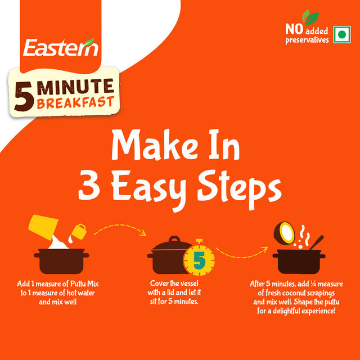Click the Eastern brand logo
[x=61, y=47]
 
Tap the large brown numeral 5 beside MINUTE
[x=24, y=96]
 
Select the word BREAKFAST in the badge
[x=75, y=102]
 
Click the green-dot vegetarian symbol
[x=342, y=34]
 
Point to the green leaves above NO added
[x=310, y=17]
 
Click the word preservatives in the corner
[x=307, y=40]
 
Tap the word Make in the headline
[x=154, y=145]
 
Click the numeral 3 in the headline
[x=89, y=186]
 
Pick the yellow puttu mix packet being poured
[x=43, y=227]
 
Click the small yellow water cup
[x=79, y=231]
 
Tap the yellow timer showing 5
[x=199, y=259]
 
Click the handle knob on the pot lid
[x=174, y=239]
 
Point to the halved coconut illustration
[x=284, y=233]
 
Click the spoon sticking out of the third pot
[x=316, y=242]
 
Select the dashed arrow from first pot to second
[x=120, y=226]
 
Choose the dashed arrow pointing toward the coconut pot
[x=241, y=256]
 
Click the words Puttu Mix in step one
[x=84, y=284]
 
